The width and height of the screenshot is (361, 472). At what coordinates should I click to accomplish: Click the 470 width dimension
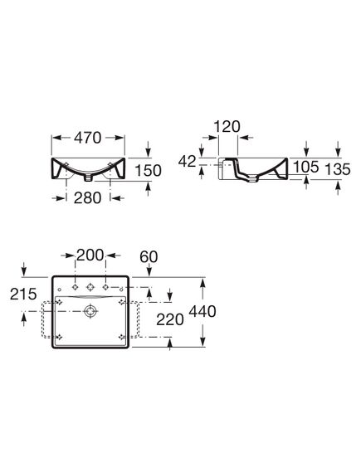pos(88,138)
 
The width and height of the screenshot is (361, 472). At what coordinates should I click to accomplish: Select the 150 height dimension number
pos(148,171)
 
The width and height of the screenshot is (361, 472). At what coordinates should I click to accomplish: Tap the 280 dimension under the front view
pos(87,197)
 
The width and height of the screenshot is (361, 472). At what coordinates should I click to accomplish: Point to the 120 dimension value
pos(227,127)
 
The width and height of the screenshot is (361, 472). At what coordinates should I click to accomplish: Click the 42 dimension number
pos(188,162)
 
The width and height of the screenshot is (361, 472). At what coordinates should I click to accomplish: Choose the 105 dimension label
pos(306,167)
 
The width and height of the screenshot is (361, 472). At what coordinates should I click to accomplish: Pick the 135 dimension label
pos(338,169)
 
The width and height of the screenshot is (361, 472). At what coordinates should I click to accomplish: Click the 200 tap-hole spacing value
pos(90,255)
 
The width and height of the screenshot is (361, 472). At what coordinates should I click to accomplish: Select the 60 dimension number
pos(149,257)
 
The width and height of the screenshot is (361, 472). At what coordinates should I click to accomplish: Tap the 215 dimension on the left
pos(23,294)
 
